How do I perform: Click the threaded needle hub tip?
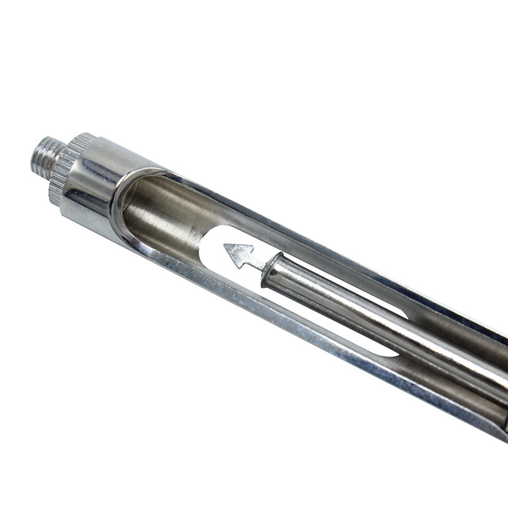click(x=44, y=158)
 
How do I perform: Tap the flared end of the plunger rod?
click(x=274, y=270)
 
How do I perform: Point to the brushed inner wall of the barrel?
click(x=165, y=210)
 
